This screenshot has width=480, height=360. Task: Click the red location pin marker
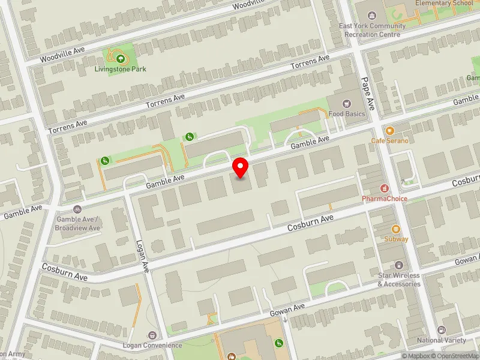click(x=241, y=167)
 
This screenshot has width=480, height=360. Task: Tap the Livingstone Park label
click(x=120, y=69)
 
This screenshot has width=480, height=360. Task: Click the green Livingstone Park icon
click(x=120, y=58)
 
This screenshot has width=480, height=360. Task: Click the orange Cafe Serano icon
click(x=389, y=130)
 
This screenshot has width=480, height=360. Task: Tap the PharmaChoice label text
click(x=385, y=199)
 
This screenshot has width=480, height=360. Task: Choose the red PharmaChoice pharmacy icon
click(x=385, y=188)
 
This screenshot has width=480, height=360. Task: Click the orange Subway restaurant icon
click(x=396, y=229)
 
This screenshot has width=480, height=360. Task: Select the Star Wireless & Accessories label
click(x=399, y=280)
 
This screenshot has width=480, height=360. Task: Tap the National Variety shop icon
click(x=442, y=330)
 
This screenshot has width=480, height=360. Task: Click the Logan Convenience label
click(x=152, y=346)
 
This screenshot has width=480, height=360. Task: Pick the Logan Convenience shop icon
click(x=152, y=335)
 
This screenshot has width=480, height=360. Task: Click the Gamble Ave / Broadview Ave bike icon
click(x=77, y=209)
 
